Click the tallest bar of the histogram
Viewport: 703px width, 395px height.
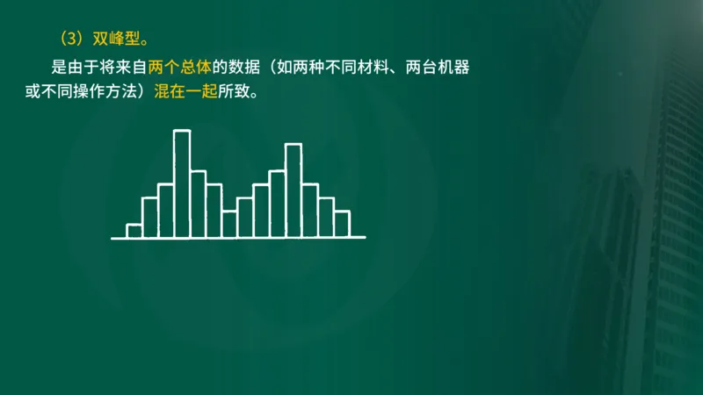pyautogui.click(x=182, y=183)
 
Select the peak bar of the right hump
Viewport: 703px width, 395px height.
pyautogui.click(x=294, y=190)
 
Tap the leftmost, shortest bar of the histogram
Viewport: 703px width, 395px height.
pyautogui.click(x=134, y=231)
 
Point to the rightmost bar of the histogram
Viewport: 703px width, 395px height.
pyautogui.click(x=342, y=224)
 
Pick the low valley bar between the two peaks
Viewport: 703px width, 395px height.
pyautogui.click(x=229, y=224)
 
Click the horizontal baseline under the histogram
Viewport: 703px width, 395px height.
pyautogui.click(x=238, y=238)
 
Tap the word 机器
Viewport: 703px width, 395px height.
pyautogui.click(x=463, y=68)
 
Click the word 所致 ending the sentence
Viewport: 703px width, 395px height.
pyautogui.click(x=233, y=90)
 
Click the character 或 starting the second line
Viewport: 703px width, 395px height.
pyautogui.click(x=32, y=90)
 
